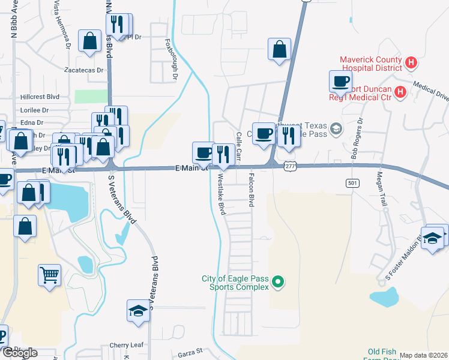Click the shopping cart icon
(50, 275)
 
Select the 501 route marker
(352, 182)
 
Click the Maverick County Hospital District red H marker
(411, 62)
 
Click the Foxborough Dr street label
(172, 59)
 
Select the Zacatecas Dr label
(84, 70)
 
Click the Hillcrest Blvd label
(40, 96)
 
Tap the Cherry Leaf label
(127, 346)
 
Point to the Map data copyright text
(423, 355)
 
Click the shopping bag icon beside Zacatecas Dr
(89, 41)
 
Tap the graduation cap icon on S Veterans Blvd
(138, 311)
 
